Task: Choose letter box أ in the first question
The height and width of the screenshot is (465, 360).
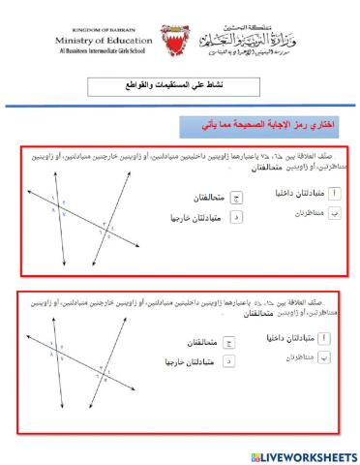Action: coord(334,191)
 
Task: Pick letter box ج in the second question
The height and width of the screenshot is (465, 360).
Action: coord(228,343)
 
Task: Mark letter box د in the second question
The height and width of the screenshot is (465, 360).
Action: coord(228,362)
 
